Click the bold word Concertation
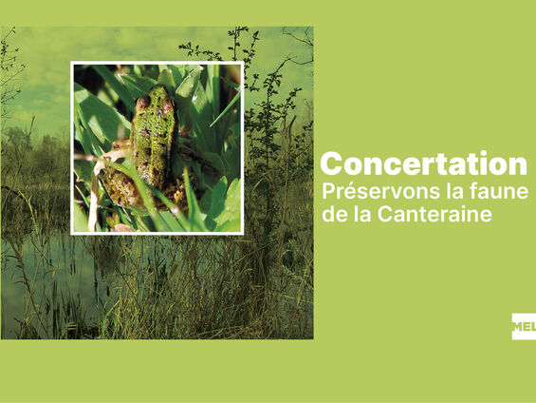click(423, 164)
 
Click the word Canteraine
click(434, 214)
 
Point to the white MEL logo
click(524, 326)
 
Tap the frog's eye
click(144, 102)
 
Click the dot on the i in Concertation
click(484, 154)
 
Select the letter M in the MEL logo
click(517, 326)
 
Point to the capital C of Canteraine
click(384, 215)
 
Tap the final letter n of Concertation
click(518, 166)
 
